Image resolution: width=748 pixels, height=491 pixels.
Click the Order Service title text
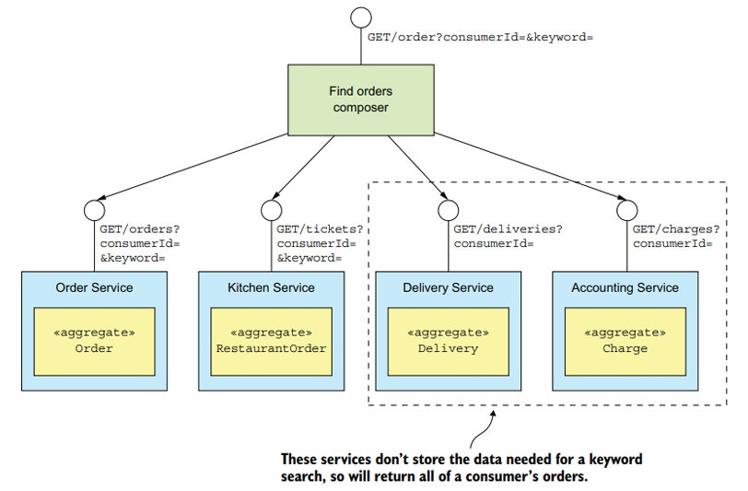tap(94, 287)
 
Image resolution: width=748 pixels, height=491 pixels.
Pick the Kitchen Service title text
tap(271, 287)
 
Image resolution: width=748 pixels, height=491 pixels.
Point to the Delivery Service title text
tap(448, 287)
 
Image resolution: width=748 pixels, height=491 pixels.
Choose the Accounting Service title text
tap(625, 287)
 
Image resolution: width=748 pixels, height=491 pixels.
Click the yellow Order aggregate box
tap(94, 341)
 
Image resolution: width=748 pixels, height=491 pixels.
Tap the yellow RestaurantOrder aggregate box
tap(271, 341)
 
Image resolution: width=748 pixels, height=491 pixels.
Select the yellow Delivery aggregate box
tap(448, 341)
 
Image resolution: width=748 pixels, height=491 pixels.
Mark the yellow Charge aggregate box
tap(625, 341)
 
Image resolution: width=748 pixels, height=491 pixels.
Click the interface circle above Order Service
tap(94, 211)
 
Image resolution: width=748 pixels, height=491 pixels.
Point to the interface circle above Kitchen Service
tap(271, 211)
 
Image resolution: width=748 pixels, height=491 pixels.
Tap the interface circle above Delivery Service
tap(448, 211)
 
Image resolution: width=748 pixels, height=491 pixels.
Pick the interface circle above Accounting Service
tap(625, 211)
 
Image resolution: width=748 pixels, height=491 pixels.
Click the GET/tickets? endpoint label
tap(320, 229)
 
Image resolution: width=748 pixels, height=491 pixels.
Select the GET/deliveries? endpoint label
tap(508, 229)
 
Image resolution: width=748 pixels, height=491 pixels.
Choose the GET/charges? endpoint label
tap(673, 229)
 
